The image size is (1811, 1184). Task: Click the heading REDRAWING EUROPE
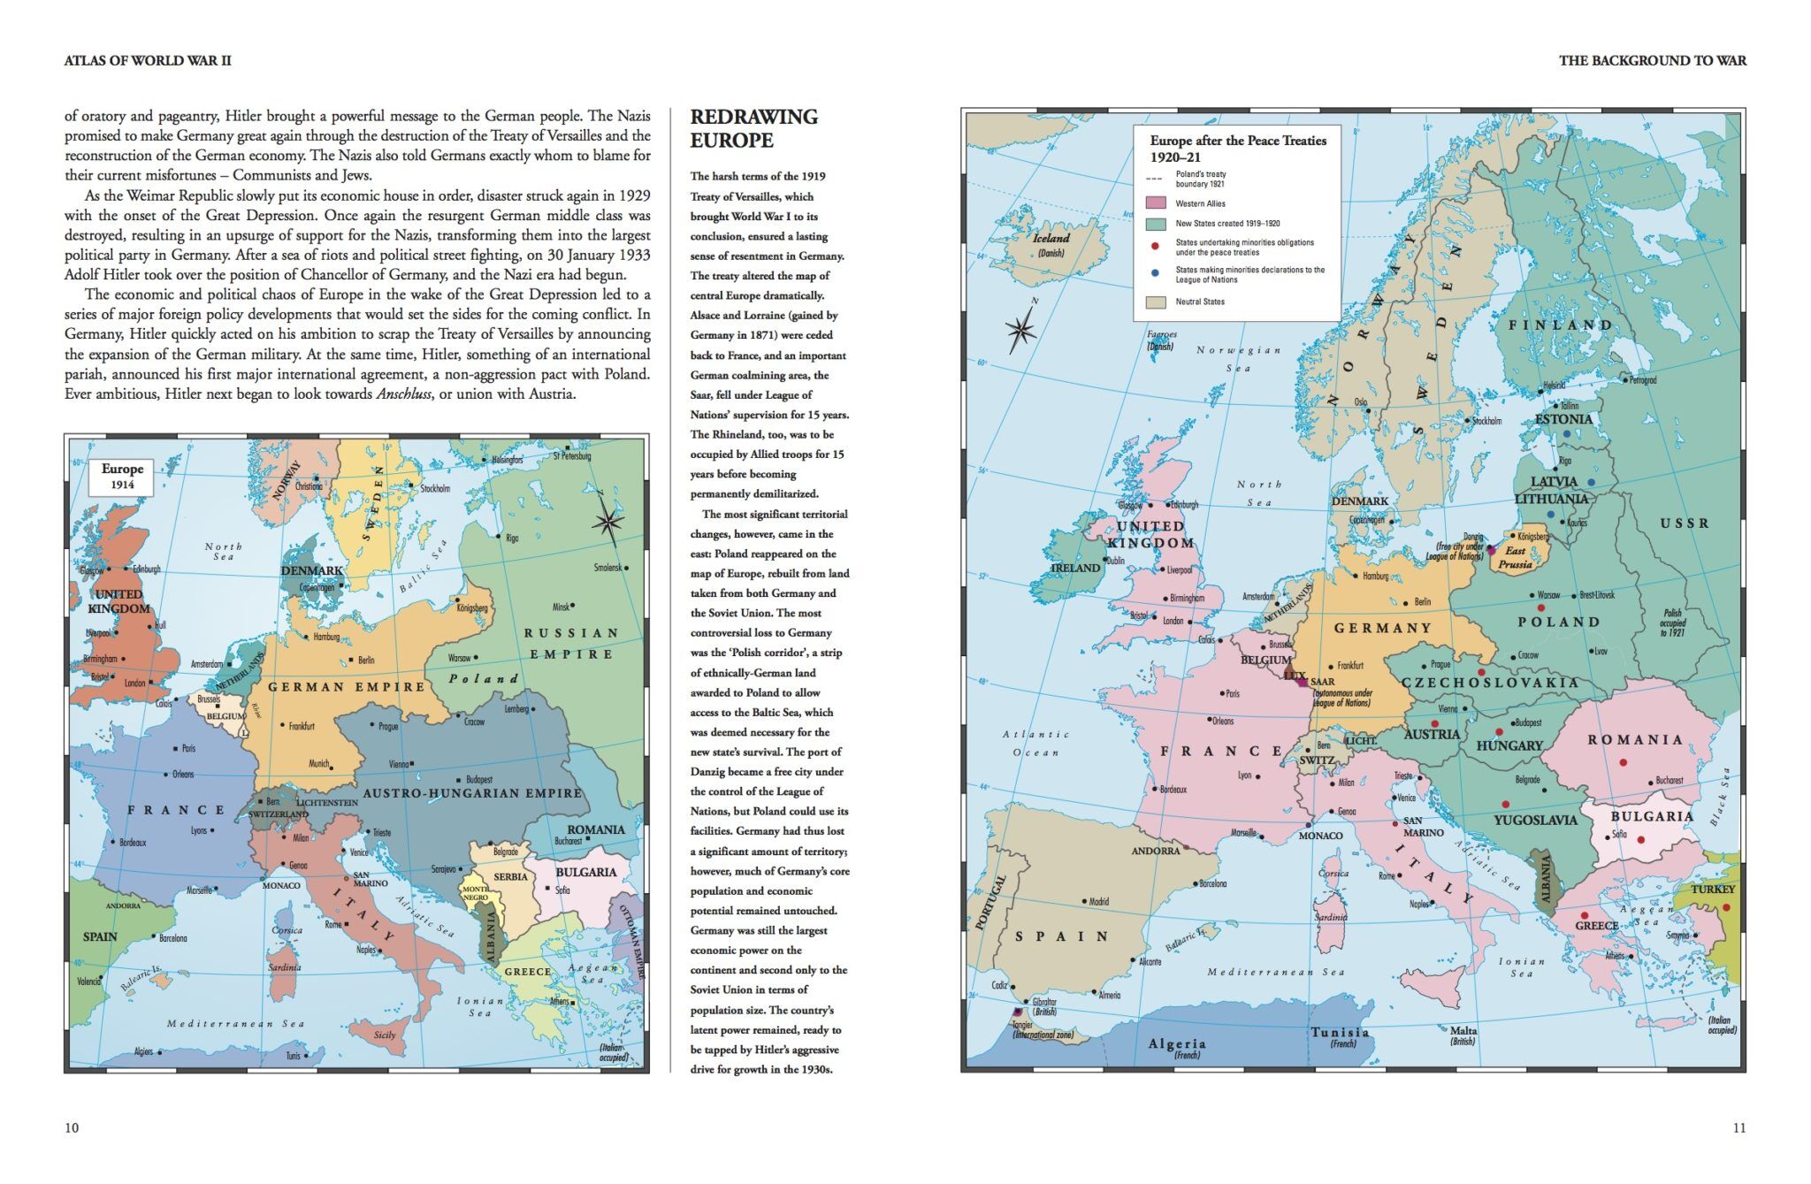click(753, 129)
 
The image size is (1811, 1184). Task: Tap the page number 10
click(72, 1127)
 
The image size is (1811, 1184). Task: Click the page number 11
click(1738, 1127)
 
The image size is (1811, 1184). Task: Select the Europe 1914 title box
click(122, 477)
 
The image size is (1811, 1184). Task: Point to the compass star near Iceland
click(1021, 331)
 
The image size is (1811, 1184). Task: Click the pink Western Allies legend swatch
click(1156, 203)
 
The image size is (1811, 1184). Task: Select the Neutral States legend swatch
click(1156, 302)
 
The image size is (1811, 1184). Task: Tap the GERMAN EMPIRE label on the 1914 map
click(347, 687)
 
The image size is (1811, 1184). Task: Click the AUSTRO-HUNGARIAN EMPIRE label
click(472, 793)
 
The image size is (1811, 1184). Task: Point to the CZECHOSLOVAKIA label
click(1490, 683)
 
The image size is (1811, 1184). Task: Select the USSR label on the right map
click(1685, 523)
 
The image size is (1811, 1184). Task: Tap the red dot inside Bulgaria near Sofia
click(1640, 840)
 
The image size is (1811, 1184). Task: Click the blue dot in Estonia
click(1566, 434)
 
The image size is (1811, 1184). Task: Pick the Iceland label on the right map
click(1051, 239)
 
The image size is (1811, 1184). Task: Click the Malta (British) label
click(1463, 1035)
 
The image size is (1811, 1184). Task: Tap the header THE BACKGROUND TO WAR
click(1652, 61)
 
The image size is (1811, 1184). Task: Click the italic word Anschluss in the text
click(403, 394)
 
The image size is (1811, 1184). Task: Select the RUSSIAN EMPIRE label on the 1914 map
click(571, 644)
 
